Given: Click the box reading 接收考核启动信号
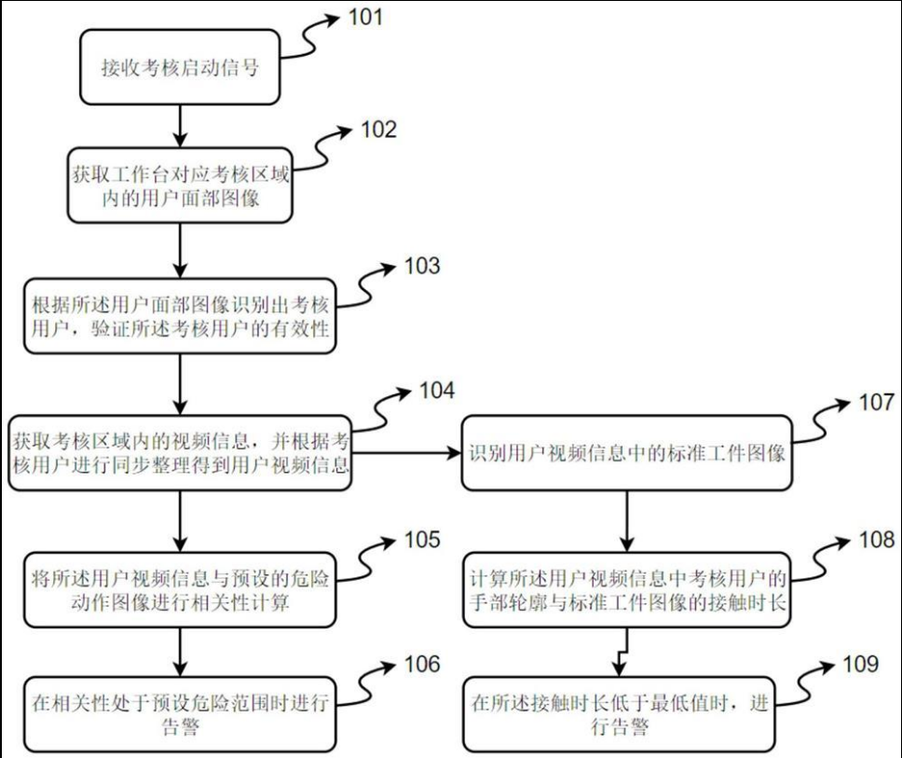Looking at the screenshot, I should pyautogui.click(x=180, y=68).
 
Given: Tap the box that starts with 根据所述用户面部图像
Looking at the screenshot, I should pyautogui.click(x=180, y=317).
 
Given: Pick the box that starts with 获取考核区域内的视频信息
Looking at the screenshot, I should pyautogui.click(x=180, y=451).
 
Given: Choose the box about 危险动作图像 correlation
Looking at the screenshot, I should pyautogui.click(x=180, y=592).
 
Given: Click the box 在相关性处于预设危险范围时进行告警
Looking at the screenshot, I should pyautogui.click(x=180, y=715).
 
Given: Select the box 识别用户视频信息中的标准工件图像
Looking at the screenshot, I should pyautogui.click(x=625, y=455).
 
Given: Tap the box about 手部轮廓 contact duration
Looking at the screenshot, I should pyautogui.click(x=625, y=592).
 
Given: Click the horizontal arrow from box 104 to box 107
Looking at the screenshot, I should pyautogui.click(x=407, y=456).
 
